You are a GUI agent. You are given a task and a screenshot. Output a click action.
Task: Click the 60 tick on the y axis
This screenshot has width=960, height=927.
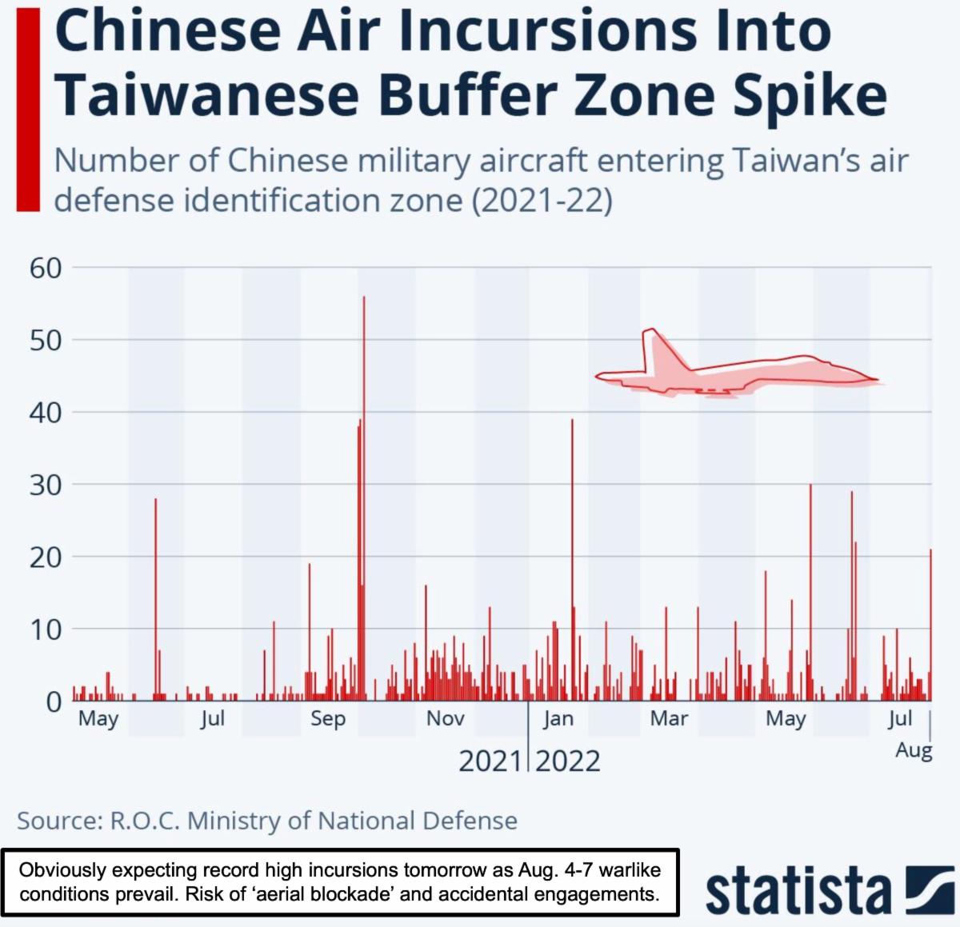[46, 268]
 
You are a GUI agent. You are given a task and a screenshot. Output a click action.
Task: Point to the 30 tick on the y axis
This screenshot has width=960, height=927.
[46, 485]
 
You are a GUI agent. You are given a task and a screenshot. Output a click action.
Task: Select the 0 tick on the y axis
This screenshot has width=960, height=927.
[54, 701]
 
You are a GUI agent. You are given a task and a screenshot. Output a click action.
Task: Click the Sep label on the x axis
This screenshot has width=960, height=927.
[328, 718]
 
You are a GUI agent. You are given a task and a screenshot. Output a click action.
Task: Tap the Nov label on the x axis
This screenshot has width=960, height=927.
[445, 718]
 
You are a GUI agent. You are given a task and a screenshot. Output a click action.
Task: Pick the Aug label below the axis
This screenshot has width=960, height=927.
[914, 750]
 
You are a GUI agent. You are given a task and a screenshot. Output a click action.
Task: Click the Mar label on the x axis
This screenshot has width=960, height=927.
[669, 718]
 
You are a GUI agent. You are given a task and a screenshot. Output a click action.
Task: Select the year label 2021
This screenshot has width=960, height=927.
[490, 761]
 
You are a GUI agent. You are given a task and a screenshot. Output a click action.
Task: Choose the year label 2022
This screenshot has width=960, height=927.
[568, 761]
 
